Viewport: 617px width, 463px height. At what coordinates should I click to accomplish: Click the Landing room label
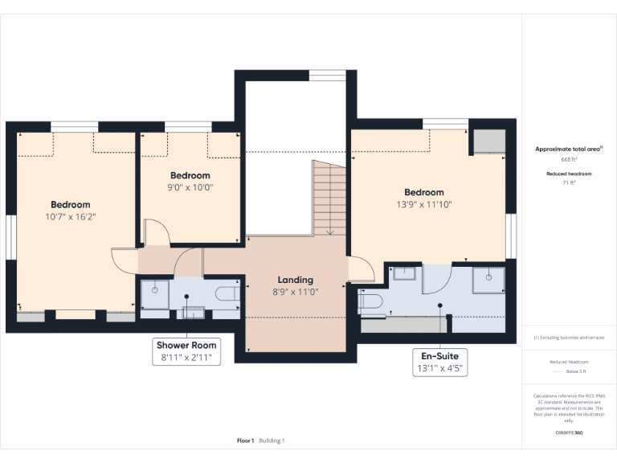(x=295, y=280)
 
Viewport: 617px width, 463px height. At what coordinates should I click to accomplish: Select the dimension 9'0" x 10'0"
(x=190, y=187)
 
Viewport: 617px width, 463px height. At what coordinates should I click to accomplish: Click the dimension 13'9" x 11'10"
(x=423, y=204)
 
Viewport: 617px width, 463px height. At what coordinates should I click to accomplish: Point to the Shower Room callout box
(x=186, y=351)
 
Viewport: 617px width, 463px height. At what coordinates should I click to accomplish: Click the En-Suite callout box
(x=439, y=362)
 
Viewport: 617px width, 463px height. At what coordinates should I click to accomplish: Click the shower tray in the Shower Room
(x=155, y=294)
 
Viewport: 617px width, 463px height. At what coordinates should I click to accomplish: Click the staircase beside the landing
(x=329, y=197)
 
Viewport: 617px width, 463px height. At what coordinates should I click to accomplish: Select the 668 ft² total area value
(x=569, y=159)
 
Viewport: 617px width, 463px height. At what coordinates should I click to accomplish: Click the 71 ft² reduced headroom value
(x=569, y=182)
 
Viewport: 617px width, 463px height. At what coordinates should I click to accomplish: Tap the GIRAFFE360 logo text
(x=569, y=432)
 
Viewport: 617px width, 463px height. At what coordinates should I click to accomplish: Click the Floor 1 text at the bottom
(x=245, y=440)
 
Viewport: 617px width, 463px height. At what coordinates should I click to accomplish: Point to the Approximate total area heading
(x=569, y=149)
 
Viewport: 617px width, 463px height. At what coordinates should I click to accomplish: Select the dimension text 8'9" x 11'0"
(x=295, y=292)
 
